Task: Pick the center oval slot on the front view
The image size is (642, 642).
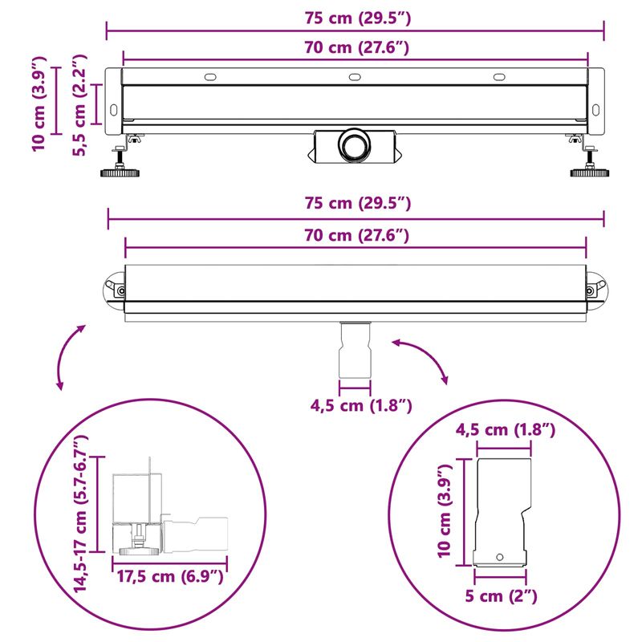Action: (x=354, y=78)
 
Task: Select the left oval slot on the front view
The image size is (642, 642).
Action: (x=210, y=78)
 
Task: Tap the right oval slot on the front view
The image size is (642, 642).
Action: (x=498, y=78)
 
